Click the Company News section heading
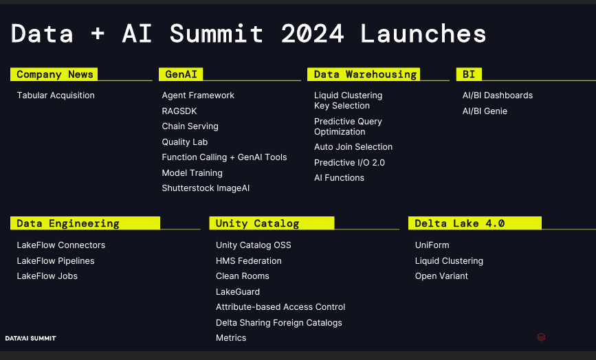55,74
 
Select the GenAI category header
181,74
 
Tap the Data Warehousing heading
365,74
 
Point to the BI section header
469,74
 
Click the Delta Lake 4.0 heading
459,223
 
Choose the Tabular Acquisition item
56,95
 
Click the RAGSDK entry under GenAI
179,111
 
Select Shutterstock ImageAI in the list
206,188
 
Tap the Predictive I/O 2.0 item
349,163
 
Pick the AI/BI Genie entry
485,111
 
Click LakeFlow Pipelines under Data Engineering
56,261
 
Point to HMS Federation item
249,261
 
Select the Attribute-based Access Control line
280,307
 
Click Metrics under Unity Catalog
231,337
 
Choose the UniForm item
432,245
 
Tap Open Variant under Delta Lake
441,276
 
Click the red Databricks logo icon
541,337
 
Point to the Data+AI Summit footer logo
31,338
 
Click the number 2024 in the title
313,34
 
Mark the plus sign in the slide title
98,34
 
